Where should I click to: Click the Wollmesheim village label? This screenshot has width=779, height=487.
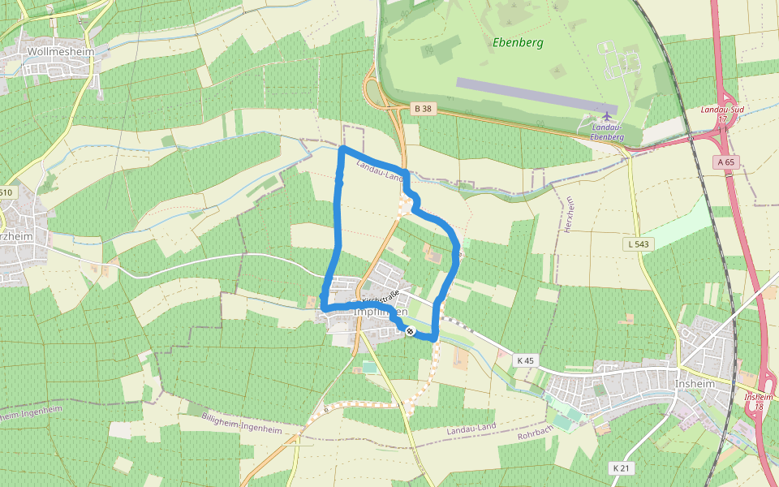(x=61, y=51)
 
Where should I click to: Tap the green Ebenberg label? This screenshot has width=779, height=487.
(x=518, y=42)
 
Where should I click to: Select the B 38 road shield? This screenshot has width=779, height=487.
(x=421, y=108)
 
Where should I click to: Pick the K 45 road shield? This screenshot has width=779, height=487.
(x=526, y=359)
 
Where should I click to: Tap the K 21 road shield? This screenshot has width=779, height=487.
(x=621, y=468)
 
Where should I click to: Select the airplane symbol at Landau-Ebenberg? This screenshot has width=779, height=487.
(x=607, y=115)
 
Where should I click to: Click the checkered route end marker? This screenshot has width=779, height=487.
(x=411, y=331)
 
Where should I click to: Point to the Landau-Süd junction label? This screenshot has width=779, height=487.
(x=722, y=109)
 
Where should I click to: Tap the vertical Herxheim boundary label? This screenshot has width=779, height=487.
(x=570, y=215)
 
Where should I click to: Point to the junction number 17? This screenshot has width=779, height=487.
(x=722, y=119)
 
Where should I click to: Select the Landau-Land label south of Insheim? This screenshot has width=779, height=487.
(x=471, y=428)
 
